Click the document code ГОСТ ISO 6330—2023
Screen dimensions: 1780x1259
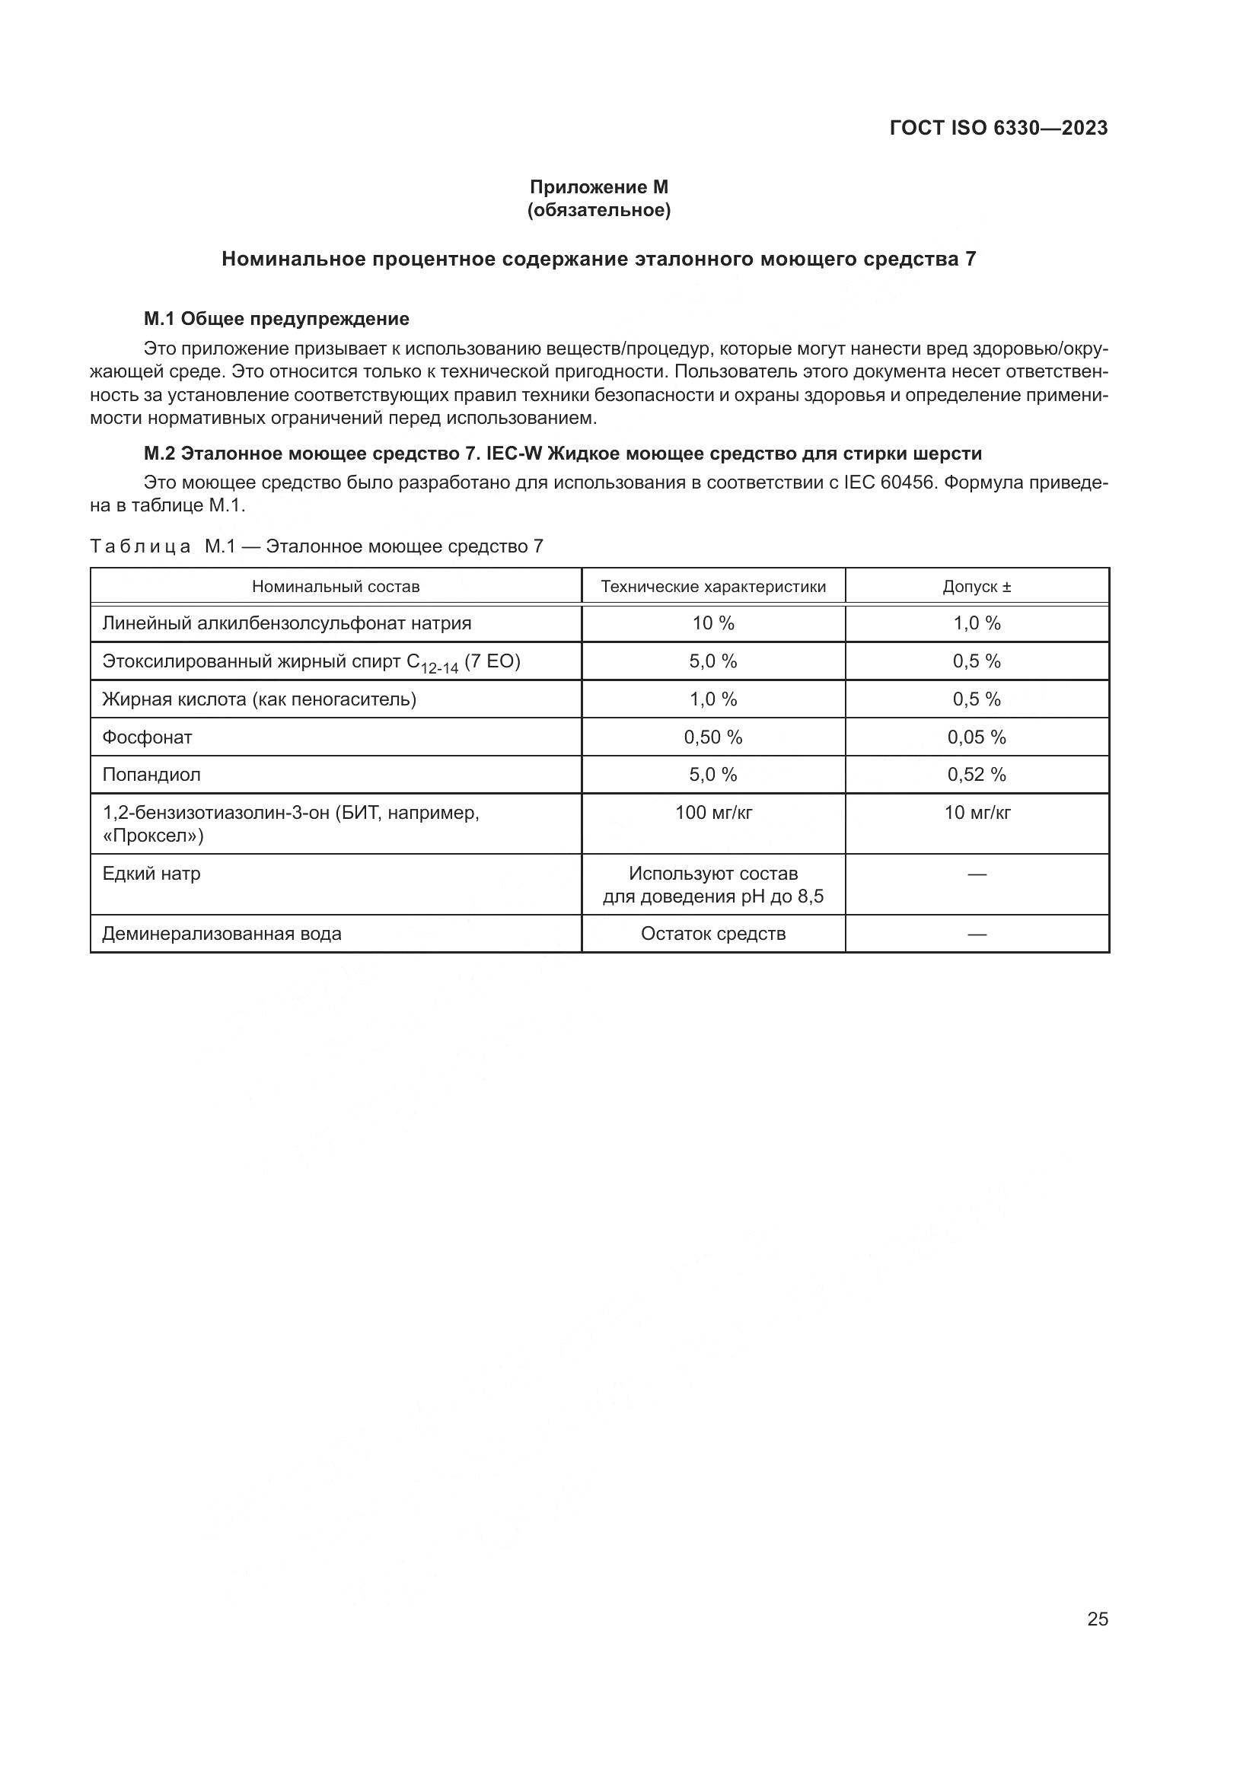pos(999,129)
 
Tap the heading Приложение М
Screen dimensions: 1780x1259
pos(598,187)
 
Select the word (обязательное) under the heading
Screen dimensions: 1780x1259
pos(598,210)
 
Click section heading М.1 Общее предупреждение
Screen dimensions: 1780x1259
pos(276,319)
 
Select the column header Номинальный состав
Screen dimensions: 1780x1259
pos(336,587)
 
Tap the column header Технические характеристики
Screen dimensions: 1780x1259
pos(713,587)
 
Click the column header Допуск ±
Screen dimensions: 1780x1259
pos(977,587)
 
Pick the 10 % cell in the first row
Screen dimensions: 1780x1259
pos(713,623)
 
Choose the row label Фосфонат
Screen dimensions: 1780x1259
pos(148,737)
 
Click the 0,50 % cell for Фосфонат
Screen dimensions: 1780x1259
pos(713,737)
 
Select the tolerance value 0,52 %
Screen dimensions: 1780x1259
pos(977,775)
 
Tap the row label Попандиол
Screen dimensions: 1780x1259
pos(151,775)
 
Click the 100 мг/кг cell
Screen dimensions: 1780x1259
pos(713,813)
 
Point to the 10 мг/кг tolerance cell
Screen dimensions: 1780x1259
pos(977,813)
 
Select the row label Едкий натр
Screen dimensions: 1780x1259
pos(151,874)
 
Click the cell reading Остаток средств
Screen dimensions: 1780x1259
pos(713,935)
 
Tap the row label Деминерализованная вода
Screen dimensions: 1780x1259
pos(222,935)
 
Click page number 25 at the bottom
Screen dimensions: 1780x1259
pos(1097,1619)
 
